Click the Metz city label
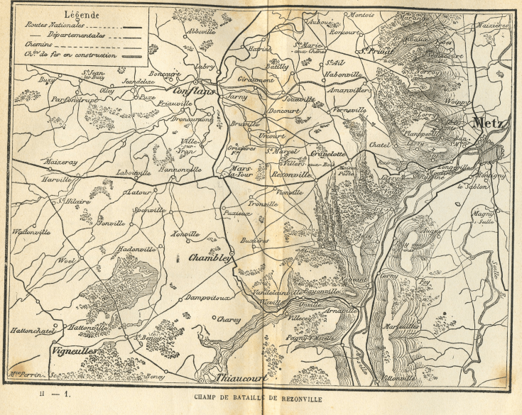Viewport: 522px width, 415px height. pos(491,122)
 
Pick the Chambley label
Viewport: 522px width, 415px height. pos(211,259)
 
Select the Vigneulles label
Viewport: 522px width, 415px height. pos(75,350)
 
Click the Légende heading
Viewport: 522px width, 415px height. pos(81,13)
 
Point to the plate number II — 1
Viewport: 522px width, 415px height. pos(55,392)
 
